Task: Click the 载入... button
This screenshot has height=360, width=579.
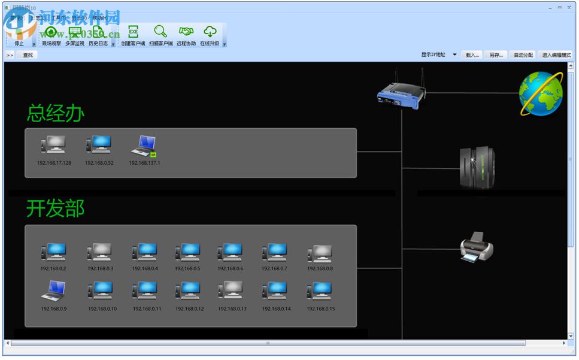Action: coord(472,55)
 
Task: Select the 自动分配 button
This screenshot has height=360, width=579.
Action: coord(523,55)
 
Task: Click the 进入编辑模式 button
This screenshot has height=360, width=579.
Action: coord(556,55)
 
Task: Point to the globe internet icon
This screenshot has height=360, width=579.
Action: coord(540,93)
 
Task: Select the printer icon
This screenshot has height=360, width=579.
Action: coord(477,246)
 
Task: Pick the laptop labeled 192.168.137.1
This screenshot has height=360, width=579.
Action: coord(144,146)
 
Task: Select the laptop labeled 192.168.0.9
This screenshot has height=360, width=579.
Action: coord(53,291)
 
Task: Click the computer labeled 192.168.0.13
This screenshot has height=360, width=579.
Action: coord(232,291)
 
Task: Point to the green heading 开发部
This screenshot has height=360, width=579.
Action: coord(56,208)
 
